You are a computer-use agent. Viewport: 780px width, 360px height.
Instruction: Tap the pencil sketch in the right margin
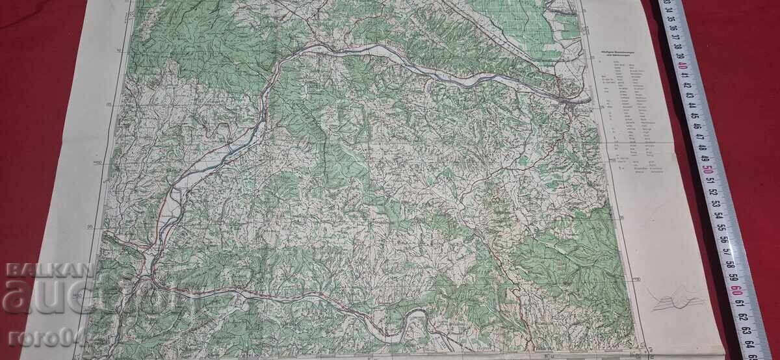[x=677, y=299]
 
